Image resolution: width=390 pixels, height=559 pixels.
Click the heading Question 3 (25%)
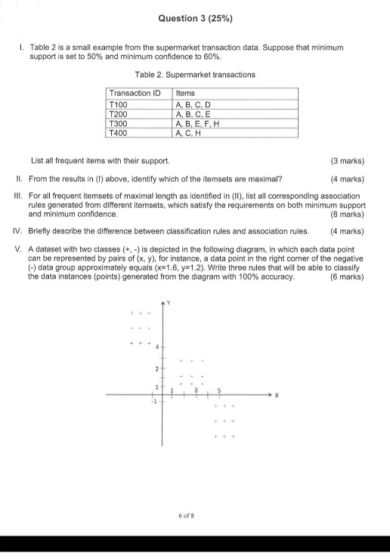(195, 17)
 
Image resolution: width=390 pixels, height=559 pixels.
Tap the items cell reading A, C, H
(188, 132)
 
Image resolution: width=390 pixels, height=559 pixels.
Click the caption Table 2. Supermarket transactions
(194, 75)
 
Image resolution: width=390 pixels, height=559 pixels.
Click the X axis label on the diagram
(277, 394)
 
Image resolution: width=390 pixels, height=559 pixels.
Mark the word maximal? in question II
(267, 179)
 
